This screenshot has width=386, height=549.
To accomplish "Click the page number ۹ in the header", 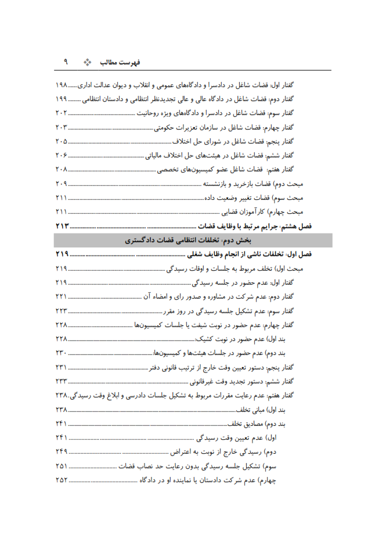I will (66, 61).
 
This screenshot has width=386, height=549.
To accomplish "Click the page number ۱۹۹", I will (62, 99).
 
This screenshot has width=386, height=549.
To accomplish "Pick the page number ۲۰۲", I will (62, 113).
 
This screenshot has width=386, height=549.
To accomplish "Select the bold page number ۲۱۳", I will (62, 227).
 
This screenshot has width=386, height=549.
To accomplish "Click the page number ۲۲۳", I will (62, 311).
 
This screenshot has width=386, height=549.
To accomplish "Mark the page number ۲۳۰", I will (62, 353).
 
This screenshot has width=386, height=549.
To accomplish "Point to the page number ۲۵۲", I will (62, 480).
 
